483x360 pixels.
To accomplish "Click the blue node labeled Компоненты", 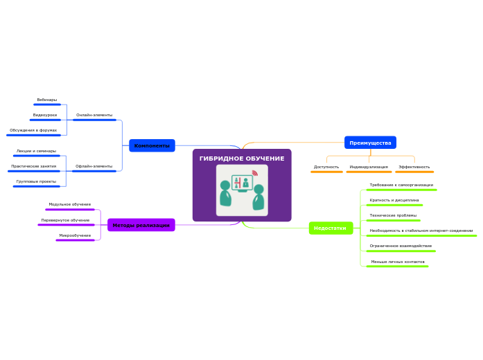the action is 152,145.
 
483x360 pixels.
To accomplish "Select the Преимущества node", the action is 370,143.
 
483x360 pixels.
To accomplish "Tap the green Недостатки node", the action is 331,228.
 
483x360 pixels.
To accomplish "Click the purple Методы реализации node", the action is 141,225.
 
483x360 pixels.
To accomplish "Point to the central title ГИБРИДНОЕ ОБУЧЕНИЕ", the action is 242,159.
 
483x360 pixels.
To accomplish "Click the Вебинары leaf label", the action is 47,100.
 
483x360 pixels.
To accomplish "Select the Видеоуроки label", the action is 45,115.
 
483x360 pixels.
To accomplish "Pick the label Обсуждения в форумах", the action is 33,130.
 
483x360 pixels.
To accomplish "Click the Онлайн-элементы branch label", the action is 94,115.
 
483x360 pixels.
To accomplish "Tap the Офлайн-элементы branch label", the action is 94,166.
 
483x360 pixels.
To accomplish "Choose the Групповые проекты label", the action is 36,181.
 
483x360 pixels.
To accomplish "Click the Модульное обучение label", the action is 70,204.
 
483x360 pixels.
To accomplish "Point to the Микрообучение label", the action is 75,235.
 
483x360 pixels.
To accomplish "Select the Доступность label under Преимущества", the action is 326,167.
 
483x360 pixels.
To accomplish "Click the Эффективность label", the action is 414,167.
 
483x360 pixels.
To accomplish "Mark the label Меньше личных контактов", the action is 398,262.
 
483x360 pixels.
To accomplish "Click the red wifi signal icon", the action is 255,173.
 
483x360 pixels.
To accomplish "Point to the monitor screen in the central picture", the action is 242,183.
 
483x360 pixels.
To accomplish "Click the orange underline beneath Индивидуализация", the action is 369,172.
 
